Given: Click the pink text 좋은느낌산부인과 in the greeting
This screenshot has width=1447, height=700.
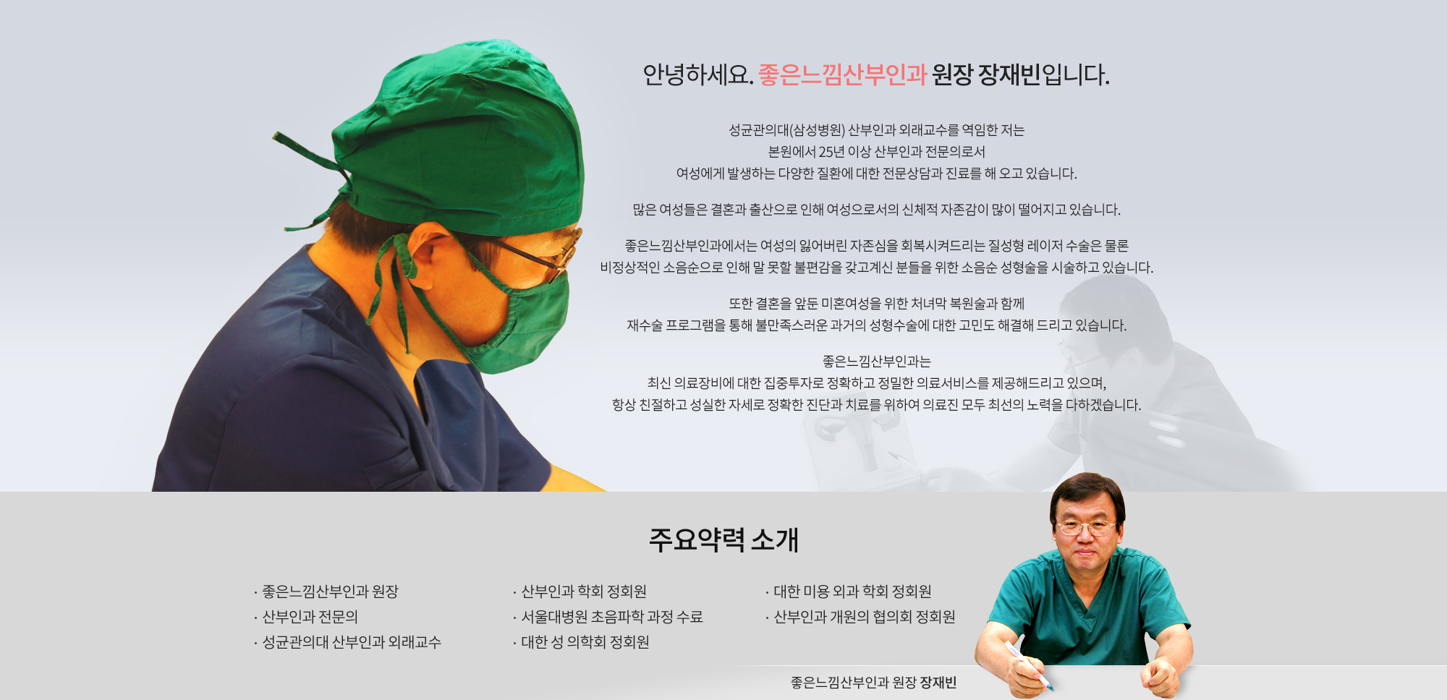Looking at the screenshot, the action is tap(842, 74).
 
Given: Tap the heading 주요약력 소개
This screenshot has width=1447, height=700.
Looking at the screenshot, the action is tap(723, 539).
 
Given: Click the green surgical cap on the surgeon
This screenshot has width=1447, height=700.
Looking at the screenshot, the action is tap(463, 137).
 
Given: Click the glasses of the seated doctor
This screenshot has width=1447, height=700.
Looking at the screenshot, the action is tap(1086, 527).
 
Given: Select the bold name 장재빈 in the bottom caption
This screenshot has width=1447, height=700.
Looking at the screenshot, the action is tap(938, 683).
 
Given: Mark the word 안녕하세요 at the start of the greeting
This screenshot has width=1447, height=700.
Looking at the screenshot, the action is tap(695, 74).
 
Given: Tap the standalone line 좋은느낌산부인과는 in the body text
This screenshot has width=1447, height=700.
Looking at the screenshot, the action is tap(877, 362).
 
